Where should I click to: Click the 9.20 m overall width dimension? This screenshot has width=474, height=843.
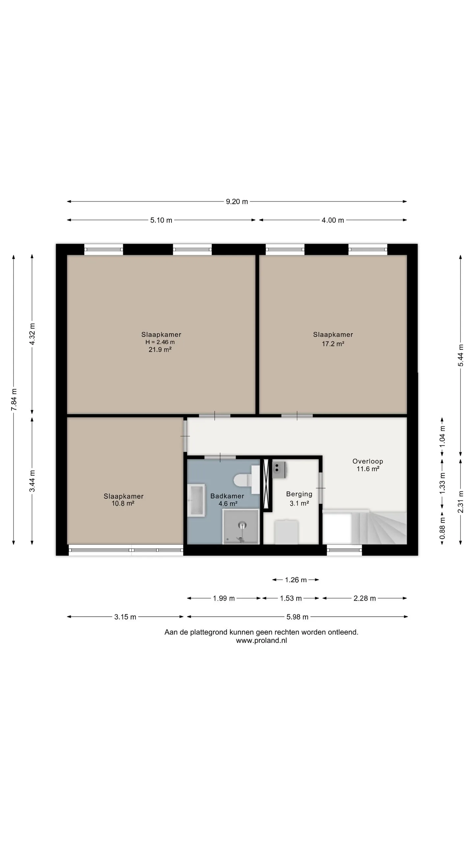237,202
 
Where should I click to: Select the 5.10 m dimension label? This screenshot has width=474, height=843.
161,220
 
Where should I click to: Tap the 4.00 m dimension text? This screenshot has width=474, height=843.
333,220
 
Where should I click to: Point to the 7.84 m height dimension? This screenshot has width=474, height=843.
14,400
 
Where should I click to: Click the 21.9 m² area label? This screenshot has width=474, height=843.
160,350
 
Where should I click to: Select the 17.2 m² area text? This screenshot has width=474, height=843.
333,344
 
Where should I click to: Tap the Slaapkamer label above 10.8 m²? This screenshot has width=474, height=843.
123,496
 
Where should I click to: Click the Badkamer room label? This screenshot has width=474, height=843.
227,496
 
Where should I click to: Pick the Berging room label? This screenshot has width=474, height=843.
299,494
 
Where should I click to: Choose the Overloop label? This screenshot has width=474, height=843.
368,461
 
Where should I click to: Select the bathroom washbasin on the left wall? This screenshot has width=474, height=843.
197,500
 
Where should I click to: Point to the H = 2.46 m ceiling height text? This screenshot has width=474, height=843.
160,342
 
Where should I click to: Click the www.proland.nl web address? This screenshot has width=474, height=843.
261,640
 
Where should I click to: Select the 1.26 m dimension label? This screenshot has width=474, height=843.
296,580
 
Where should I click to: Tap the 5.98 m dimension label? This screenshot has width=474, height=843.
297,617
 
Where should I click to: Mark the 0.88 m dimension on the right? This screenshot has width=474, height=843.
442,529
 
